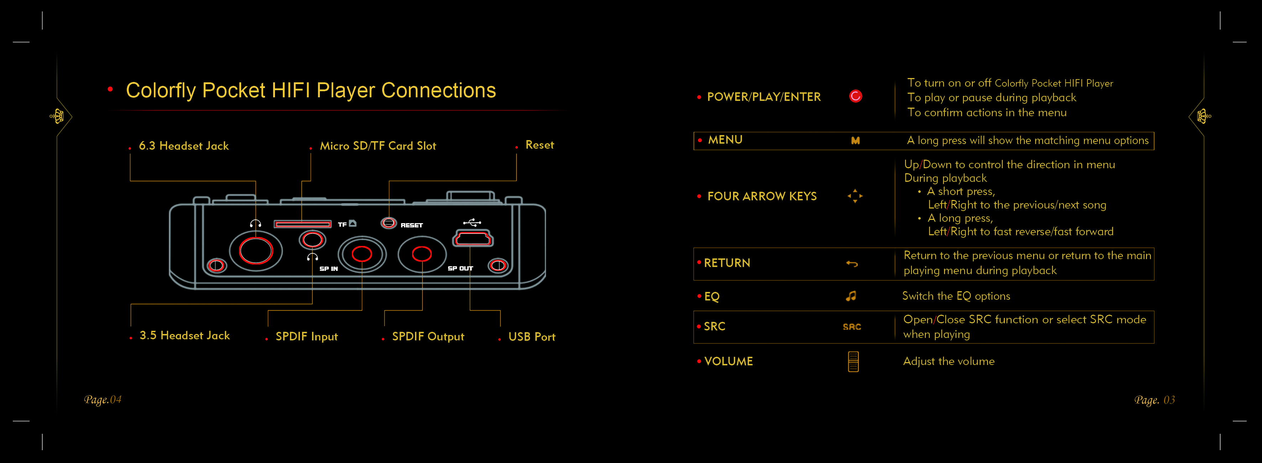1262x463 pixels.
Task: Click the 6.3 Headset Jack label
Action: [184, 146]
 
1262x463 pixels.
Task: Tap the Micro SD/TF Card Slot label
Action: [378, 146]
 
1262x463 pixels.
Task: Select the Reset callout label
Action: [539, 145]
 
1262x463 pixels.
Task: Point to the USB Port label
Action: [531, 336]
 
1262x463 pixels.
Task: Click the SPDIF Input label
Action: [307, 336]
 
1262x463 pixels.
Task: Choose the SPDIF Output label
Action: [428, 336]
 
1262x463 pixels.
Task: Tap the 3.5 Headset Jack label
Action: [185, 335]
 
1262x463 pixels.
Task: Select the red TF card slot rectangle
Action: [302, 224]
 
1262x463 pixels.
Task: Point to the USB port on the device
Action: [473, 239]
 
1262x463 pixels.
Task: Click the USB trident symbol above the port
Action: [472, 223]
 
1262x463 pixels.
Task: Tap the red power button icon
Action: [855, 96]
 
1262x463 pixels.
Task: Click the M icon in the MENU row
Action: [855, 141]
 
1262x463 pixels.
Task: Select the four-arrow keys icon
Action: [855, 196]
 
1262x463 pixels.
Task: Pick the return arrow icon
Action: [852, 264]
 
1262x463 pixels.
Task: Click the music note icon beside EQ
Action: [851, 296]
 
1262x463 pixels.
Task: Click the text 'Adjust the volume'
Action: [949, 361]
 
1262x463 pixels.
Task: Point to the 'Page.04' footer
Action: [102, 400]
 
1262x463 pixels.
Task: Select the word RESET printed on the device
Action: [411, 225]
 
